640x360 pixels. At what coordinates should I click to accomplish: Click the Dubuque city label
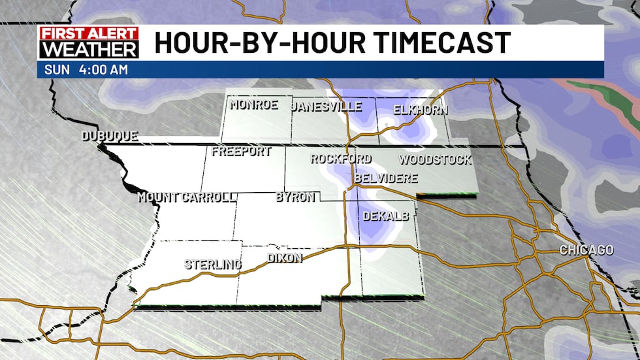(x=110, y=137)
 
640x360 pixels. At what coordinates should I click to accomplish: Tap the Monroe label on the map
(x=254, y=105)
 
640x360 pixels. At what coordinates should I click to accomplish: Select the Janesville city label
(x=326, y=106)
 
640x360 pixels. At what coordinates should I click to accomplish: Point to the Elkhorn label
(x=421, y=110)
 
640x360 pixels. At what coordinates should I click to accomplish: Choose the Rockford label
(x=340, y=159)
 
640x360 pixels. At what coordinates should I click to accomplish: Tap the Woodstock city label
(x=434, y=159)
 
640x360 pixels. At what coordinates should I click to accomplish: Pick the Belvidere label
(x=385, y=178)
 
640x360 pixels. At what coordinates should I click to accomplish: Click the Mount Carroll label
(x=186, y=197)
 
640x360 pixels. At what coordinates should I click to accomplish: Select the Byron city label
(x=295, y=197)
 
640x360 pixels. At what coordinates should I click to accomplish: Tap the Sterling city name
(x=212, y=264)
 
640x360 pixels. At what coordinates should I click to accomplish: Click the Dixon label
(x=285, y=257)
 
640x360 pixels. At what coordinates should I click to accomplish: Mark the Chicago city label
(x=586, y=250)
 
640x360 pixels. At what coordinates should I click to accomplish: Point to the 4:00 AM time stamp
(x=104, y=70)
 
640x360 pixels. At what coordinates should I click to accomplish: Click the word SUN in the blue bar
(x=55, y=70)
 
